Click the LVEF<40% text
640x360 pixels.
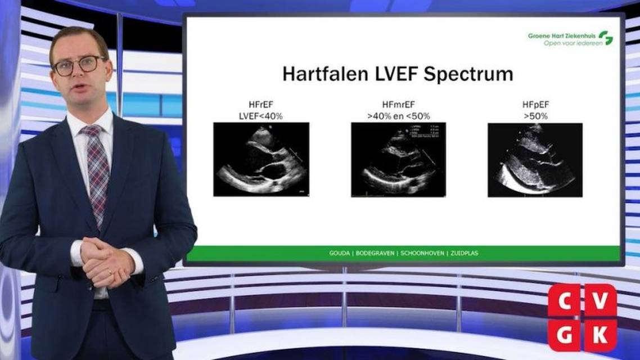pyautogui.click(x=261, y=116)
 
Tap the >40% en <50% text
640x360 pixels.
pyautogui.click(x=398, y=116)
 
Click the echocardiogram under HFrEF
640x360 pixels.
pyautogui.click(x=261, y=159)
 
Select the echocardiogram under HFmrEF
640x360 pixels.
pyautogui.click(x=398, y=160)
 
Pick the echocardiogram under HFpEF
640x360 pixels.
pyautogui.click(x=535, y=160)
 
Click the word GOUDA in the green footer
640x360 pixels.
pyautogui.click(x=339, y=253)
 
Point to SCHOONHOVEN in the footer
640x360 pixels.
pyautogui.click(x=420, y=253)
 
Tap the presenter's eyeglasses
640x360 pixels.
pyautogui.click(x=79, y=65)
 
